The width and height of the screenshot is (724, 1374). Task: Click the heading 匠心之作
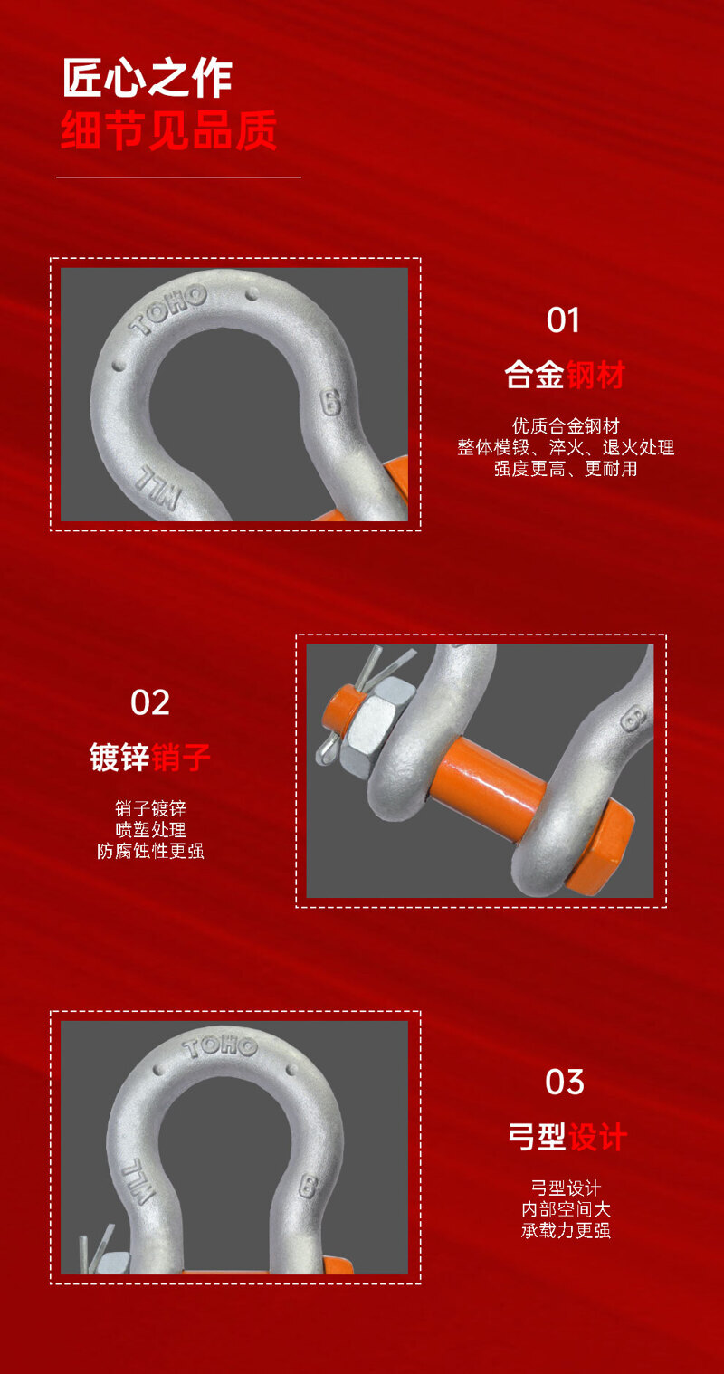pyautogui.click(x=148, y=78)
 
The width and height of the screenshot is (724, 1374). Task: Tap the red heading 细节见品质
pyautogui.click(x=168, y=130)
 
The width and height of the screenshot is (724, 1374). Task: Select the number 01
pyautogui.click(x=563, y=320)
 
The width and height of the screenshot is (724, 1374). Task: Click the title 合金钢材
pyautogui.click(x=564, y=375)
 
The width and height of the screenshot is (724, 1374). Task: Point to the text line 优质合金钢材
pyautogui.click(x=566, y=425)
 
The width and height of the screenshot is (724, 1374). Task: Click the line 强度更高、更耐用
pyautogui.click(x=566, y=469)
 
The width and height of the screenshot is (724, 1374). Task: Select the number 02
pyautogui.click(x=149, y=702)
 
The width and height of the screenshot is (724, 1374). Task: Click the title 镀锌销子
pyautogui.click(x=149, y=757)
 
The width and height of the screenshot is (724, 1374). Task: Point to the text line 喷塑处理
pyautogui.click(x=150, y=829)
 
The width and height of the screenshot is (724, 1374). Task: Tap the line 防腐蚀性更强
pyautogui.click(x=150, y=851)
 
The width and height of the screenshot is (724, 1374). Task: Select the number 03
pyautogui.click(x=564, y=1082)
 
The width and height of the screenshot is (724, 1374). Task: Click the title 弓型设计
pyautogui.click(x=567, y=1137)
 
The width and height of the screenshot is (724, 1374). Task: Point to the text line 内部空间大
pyautogui.click(x=566, y=1209)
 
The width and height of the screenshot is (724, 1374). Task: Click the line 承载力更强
pyautogui.click(x=566, y=1230)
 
